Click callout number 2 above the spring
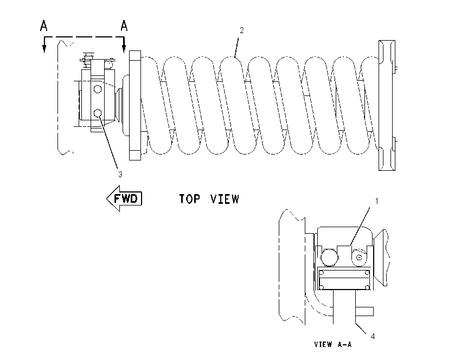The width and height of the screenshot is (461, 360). tap(242, 30)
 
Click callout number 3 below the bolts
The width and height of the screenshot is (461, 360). tap(120, 174)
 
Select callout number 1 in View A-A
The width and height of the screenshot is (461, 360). tap(376, 201)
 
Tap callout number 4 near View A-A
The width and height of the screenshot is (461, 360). tap(373, 337)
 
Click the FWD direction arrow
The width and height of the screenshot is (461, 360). tap(124, 198)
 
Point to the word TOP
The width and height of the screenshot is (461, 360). tap(190, 199)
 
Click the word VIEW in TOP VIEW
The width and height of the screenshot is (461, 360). tap(225, 199)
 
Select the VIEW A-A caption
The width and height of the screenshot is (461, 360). tap(333, 344)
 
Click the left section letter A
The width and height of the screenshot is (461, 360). tap(43, 25)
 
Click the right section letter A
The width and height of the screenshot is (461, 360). tap(124, 25)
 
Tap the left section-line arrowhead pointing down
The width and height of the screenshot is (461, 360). tap(44, 49)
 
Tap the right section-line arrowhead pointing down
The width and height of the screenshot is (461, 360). tap(124, 49)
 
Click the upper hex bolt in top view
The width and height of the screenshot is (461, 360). tap(98, 89)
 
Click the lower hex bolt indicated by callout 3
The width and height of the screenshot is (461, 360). tap(98, 113)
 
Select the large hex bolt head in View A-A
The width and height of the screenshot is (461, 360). tap(330, 258)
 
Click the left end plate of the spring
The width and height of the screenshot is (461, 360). tap(135, 106)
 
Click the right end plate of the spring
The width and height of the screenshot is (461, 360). tap(387, 105)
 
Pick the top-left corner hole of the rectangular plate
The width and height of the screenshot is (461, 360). tap(322, 272)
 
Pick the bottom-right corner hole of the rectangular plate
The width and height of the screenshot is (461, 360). tap(367, 287)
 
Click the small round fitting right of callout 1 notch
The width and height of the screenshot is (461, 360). tap(358, 258)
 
